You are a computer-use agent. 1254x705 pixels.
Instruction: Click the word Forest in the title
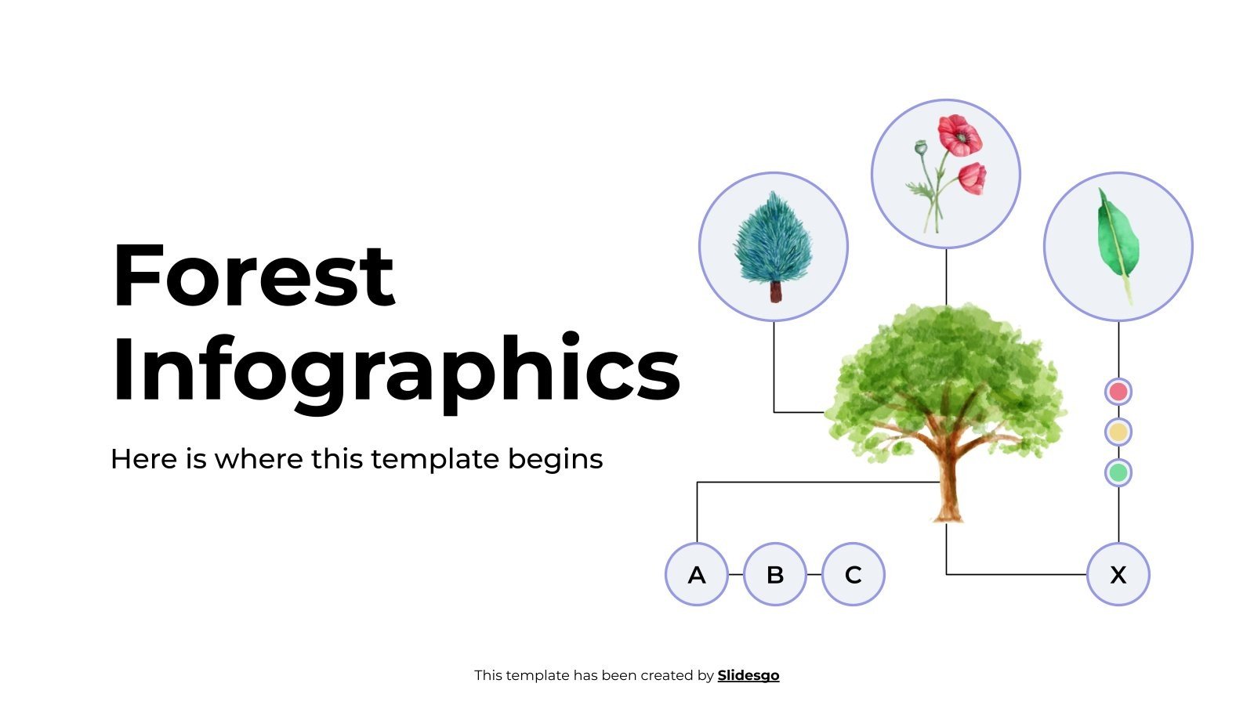pos(253,277)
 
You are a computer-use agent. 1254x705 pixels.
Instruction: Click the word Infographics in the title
pos(396,370)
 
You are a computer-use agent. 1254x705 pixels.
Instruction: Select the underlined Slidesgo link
pos(748,675)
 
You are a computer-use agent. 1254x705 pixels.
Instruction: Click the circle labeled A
pos(696,574)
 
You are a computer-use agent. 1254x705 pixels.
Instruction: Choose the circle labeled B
pos(774,574)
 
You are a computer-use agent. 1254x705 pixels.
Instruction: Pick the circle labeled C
pos(853,574)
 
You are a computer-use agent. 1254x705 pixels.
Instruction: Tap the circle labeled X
pos(1118,574)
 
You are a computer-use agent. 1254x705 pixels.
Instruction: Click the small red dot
pos(1118,391)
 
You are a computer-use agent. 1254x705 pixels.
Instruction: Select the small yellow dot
pos(1118,432)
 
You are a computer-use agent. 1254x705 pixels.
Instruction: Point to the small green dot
pos(1118,472)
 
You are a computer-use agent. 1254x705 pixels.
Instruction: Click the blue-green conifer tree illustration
pos(773,239)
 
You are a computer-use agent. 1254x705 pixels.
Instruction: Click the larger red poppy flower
pos(960,136)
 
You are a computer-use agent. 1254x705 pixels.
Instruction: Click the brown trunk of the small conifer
pos(775,291)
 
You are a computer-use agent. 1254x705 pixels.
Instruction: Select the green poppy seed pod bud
pos(921,147)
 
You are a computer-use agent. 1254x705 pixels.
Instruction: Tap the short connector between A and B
pos(735,574)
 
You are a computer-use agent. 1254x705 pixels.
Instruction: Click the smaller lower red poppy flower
pos(973,178)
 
